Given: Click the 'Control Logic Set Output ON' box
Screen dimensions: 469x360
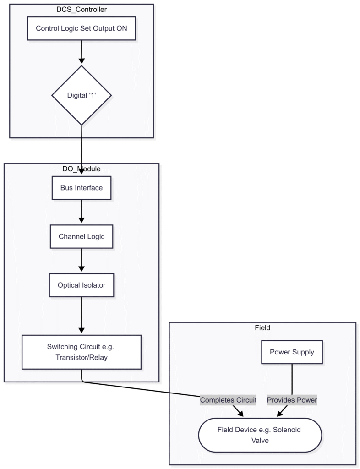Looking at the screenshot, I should pyautogui.click(x=82, y=29).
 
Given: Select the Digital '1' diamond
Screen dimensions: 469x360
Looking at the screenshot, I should pyautogui.click(x=82, y=95).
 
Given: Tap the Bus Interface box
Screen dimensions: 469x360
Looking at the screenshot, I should pyautogui.click(x=82, y=188).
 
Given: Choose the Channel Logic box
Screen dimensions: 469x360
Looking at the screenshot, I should pyautogui.click(x=82, y=236).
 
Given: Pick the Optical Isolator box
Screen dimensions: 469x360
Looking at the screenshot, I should pyautogui.click(x=82, y=285).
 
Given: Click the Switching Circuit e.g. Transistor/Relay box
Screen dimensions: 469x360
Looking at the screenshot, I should pyautogui.click(x=82, y=352).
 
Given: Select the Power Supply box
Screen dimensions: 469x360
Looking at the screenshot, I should pyautogui.click(x=292, y=352).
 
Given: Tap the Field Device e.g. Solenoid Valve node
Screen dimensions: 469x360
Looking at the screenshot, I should pyautogui.click(x=260, y=435).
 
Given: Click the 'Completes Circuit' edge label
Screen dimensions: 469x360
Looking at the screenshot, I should pyautogui.click(x=228, y=400).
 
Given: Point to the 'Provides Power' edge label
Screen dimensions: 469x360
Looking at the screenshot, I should pyautogui.click(x=292, y=400).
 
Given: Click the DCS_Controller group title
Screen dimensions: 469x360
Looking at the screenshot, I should pyautogui.click(x=82, y=9).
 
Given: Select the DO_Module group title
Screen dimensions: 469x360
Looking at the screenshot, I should pyautogui.click(x=82, y=169).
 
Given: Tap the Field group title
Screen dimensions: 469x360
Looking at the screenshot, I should pyautogui.click(x=262, y=327).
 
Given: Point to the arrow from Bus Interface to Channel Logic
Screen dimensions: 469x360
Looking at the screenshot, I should pyautogui.click(x=82, y=212).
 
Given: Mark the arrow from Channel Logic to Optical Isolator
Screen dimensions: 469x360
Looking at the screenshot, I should pyautogui.click(x=82, y=260).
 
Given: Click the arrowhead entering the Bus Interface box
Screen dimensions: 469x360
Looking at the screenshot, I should pyautogui.click(x=82, y=172).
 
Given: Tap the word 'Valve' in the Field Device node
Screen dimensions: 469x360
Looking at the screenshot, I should pyautogui.click(x=260, y=440).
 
